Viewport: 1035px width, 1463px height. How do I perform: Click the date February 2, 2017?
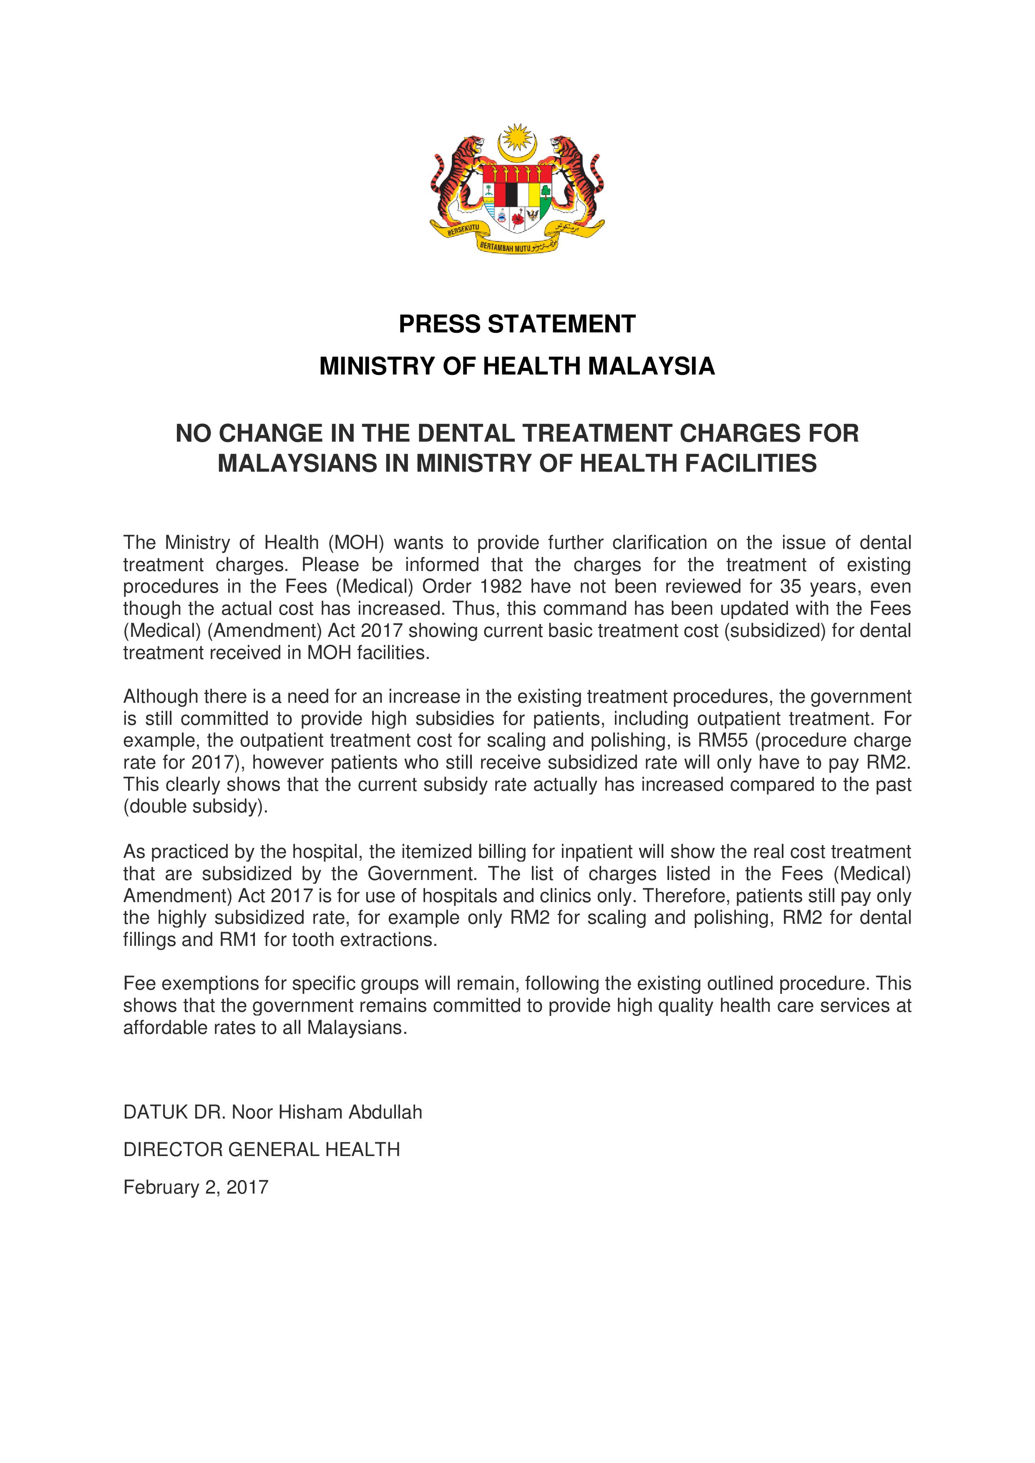(196, 1187)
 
